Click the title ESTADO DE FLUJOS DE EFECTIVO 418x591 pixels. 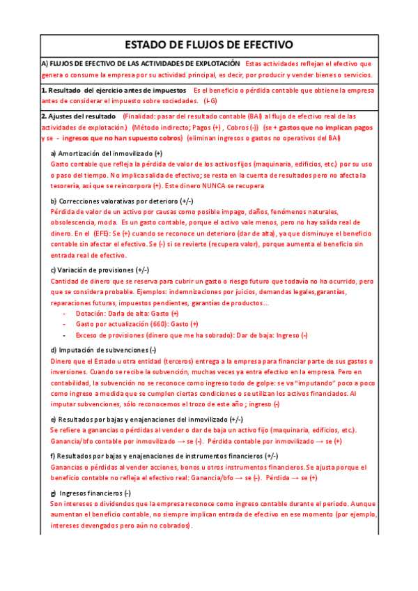(x=209, y=45)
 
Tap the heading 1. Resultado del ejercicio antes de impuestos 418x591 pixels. (x=114, y=91)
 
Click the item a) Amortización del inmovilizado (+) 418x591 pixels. (x=107, y=153)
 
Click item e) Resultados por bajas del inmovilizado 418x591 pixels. (x=146, y=420)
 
